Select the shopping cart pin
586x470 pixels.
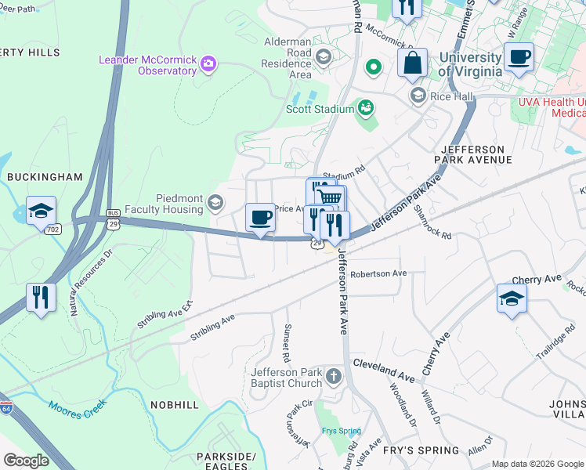(x=330, y=198)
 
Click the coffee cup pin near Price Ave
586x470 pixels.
(x=260, y=217)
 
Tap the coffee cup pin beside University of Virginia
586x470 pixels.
(x=519, y=58)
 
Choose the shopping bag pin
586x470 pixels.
(x=412, y=63)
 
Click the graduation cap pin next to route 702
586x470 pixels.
(x=41, y=211)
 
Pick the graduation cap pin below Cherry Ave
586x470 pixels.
(x=512, y=298)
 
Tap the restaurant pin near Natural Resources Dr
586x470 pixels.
(x=41, y=298)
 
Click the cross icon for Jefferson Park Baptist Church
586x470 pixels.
(x=334, y=377)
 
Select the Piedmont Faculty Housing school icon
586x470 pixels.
(x=214, y=204)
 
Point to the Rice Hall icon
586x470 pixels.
(x=418, y=96)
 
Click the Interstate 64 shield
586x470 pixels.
(x=6, y=407)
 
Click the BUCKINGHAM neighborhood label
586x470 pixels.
(x=45, y=177)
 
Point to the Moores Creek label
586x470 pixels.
(x=77, y=408)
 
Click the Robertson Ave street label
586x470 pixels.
(x=378, y=273)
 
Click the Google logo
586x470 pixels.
(x=27, y=460)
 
